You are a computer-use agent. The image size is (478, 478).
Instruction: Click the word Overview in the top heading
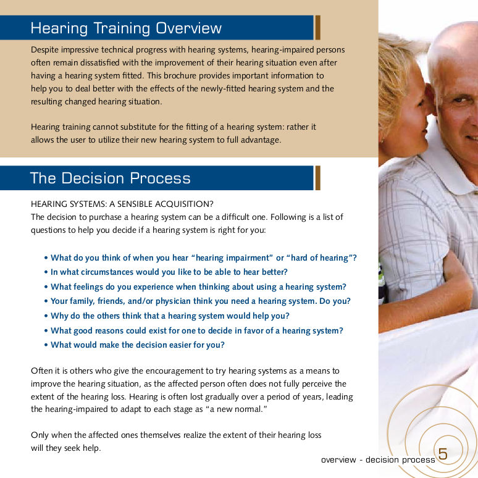point(188,28)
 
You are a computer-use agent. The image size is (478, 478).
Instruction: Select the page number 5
point(443,454)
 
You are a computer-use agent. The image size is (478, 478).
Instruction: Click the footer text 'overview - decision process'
point(378,459)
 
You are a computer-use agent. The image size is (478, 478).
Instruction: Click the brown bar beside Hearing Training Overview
point(317,27)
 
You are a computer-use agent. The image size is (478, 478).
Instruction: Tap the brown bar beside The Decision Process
point(317,178)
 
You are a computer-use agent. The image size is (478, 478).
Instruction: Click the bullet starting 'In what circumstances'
point(166,272)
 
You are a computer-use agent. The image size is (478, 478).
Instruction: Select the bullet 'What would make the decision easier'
point(135,345)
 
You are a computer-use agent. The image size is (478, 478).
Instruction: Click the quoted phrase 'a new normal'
point(237,409)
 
